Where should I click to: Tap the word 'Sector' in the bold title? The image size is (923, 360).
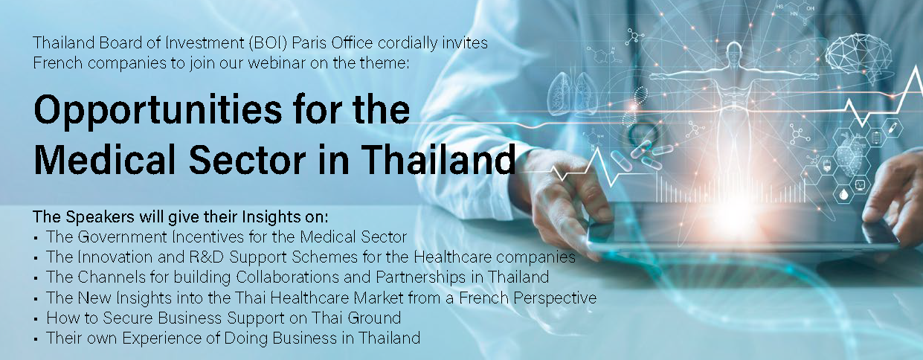click(x=247, y=159)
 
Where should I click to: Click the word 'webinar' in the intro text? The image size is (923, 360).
click(x=277, y=63)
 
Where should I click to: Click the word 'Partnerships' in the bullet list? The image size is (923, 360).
click(x=421, y=277)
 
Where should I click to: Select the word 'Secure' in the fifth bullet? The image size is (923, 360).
click(x=128, y=318)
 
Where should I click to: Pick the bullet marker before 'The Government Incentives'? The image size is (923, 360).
click(x=36, y=239)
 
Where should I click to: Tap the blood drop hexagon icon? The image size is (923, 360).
click(x=843, y=193)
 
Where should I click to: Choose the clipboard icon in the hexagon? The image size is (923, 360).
click(x=876, y=137)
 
